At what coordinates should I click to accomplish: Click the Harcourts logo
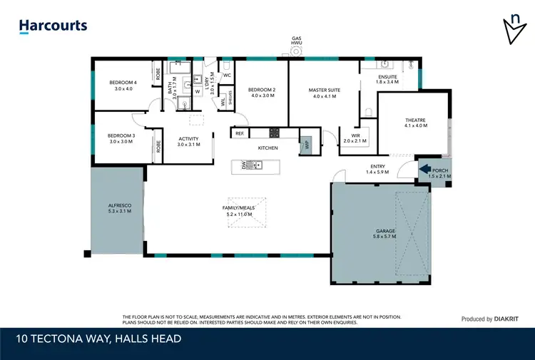click(x=53, y=26)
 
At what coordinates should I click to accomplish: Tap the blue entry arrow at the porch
click(x=424, y=170)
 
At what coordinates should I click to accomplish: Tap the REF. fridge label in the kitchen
click(x=240, y=133)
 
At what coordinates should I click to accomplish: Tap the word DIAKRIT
click(x=511, y=319)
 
